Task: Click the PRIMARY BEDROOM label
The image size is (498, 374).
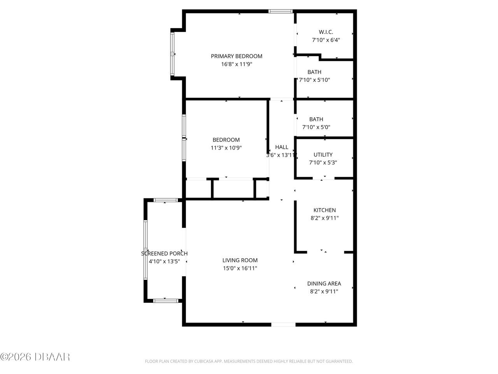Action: tap(237, 56)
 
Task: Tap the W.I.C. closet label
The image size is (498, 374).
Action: tap(326, 32)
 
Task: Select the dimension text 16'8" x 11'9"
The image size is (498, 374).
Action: tap(237, 64)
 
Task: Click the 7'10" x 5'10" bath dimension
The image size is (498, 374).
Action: tap(314, 80)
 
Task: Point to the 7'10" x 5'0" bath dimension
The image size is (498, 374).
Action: tap(316, 127)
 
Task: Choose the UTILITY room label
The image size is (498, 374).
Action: tap(323, 155)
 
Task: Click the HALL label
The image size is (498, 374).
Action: tap(282, 147)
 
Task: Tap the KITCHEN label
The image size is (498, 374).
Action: tap(324, 210)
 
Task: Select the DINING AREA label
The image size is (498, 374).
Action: tap(324, 284)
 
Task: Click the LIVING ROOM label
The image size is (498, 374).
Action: tap(240, 260)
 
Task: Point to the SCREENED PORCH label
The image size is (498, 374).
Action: tap(164, 253)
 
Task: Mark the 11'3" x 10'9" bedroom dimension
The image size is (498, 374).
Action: tap(226, 148)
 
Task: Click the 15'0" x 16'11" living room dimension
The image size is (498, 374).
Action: tap(240, 268)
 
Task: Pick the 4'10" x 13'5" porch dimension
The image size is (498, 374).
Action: tap(164, 261)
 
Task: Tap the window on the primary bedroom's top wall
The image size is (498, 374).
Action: tap(281, 11)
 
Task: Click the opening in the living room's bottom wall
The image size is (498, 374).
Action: tap(283, 324)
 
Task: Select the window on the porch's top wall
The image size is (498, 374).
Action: tap(166, 200)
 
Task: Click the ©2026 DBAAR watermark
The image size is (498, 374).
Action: tap(35, 356)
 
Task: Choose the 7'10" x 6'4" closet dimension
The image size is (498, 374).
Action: tap(326, 40)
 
